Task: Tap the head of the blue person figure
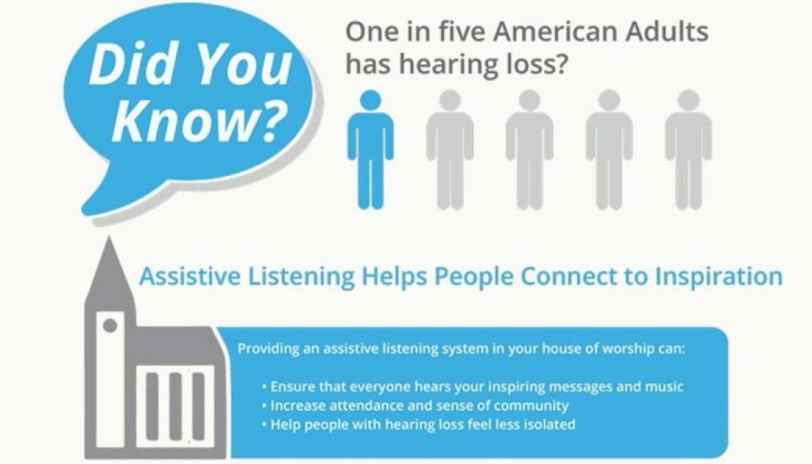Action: point(370,101)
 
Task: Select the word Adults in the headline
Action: point(664,35)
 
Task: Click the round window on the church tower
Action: point(110,324)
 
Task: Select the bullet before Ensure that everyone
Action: point(263,387)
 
